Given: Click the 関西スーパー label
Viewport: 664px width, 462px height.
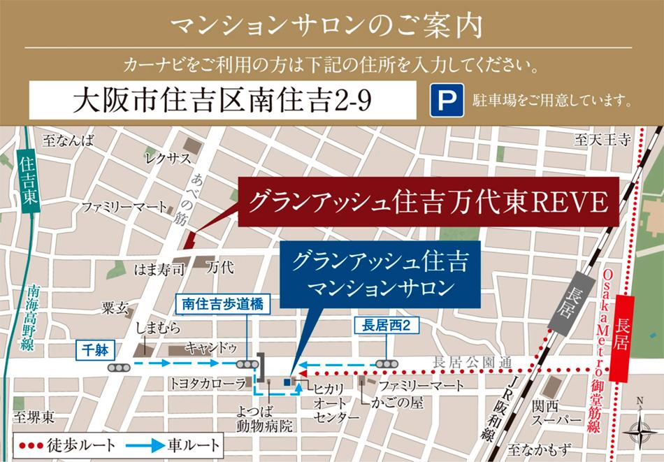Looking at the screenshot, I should tap(556, 412).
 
